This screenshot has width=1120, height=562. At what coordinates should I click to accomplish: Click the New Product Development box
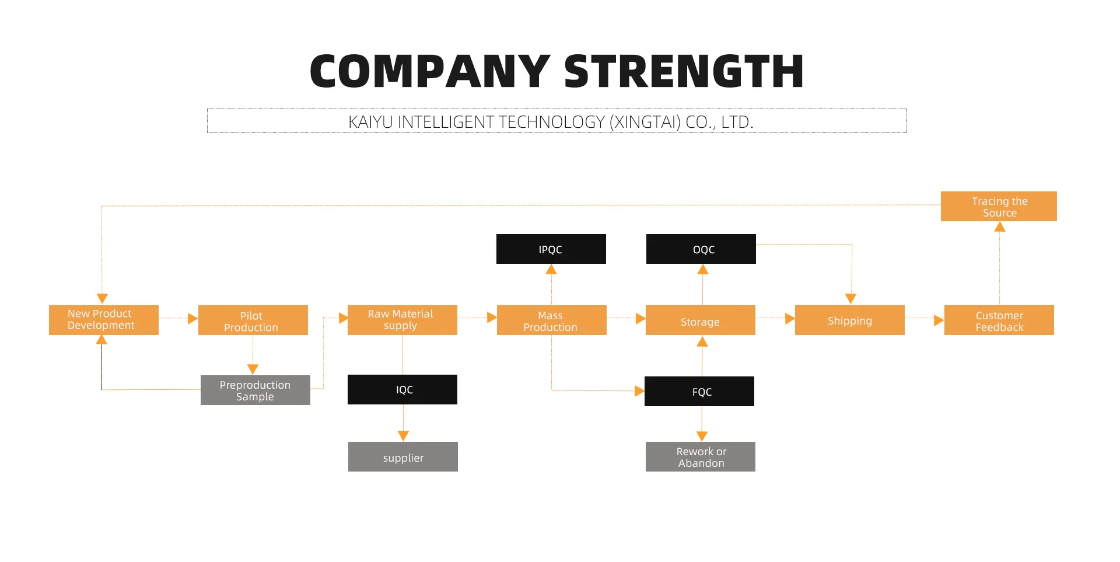tap(104, 320)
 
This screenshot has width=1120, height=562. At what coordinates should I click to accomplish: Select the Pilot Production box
tap(253, 320)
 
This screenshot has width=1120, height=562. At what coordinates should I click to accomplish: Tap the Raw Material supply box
tap(402, 320)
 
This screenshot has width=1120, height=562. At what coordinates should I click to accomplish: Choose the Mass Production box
tap(552, 320)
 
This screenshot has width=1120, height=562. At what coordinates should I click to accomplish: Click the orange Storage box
tap(701, 320)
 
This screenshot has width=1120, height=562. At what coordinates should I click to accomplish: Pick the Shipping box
tap(850, 320)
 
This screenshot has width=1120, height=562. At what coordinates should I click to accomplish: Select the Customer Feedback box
tap(999, 320)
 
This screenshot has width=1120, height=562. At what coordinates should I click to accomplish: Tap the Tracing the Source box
tap(999, 207)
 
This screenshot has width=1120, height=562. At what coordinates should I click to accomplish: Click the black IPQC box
tap(551, 249)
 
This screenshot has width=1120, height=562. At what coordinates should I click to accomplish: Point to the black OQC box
tap(701, 249)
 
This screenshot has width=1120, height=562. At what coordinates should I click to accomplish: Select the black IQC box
tap(402, 390)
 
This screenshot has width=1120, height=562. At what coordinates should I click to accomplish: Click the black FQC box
tap(699, 392)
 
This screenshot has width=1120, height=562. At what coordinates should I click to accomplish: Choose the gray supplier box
tap(403, 457)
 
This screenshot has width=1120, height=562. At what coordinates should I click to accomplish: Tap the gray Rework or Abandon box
tap(701, 457)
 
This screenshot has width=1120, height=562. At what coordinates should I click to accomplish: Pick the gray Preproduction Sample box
tap(256, 390)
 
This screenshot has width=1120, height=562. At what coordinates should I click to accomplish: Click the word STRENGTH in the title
tap(684, 72)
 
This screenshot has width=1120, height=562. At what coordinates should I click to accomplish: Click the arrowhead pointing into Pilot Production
tap(192, 319)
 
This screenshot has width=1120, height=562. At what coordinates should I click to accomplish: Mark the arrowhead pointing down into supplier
tap(403, 436)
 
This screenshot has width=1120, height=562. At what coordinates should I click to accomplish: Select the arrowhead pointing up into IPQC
tap(551, 270)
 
